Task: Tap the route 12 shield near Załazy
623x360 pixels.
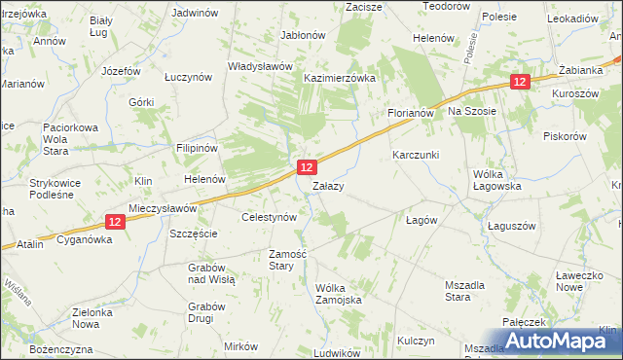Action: tap(306, 168)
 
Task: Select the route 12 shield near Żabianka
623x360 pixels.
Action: tap(520, 83)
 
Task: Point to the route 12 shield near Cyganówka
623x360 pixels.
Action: tap(115, 222)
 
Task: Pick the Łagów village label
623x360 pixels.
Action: tap(422, 220)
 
